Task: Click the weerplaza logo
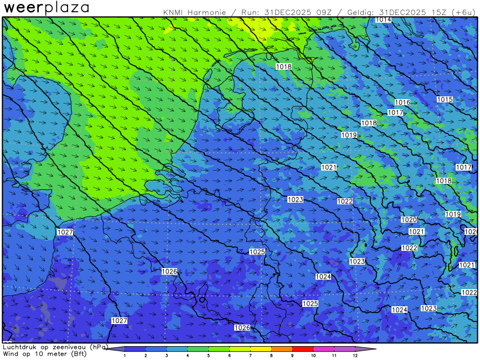click(x=47, y=8)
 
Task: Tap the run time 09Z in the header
click(x=319, y=12)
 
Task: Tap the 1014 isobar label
click(x=383, y=20)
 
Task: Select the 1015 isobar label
click(x=445, y=100)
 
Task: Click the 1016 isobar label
click(x=402, y=102)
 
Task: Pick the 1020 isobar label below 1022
click(x=409, y=220)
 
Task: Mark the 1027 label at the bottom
click(x=120, y=321)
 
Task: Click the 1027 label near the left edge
click(x=65, y=232)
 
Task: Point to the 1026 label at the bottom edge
click(x=242, y=328)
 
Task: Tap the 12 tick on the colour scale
click(x=355, y=355)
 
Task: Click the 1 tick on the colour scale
click(x=125, y=355)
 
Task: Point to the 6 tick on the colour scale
click(x=229, y=355)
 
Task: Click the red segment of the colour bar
click(x=302, y=349)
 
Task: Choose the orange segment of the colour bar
click(x=281, y=349)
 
